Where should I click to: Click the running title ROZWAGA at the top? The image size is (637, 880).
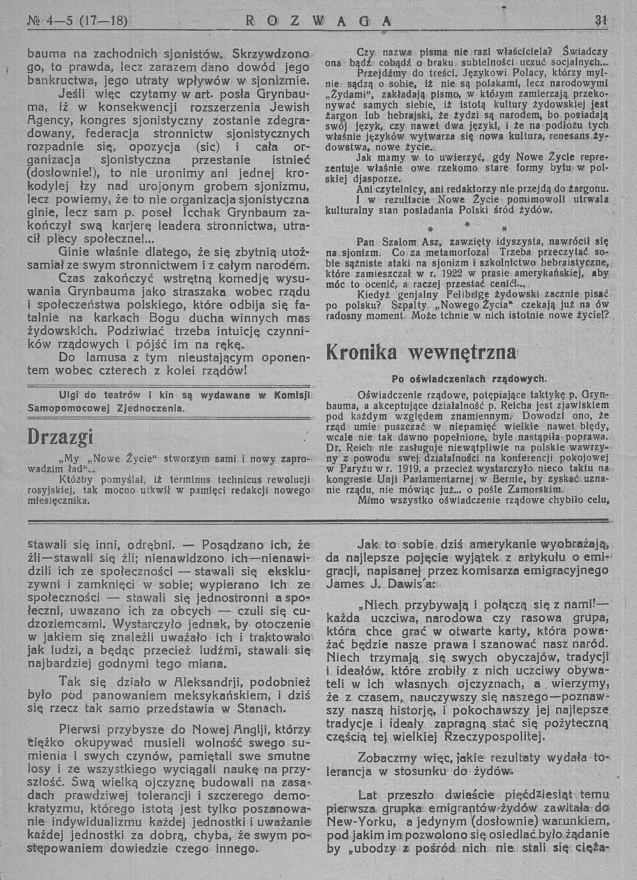point(318,20)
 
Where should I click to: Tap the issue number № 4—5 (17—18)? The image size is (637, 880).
point(78,20)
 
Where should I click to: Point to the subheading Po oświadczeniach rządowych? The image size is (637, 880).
point(466,378)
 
